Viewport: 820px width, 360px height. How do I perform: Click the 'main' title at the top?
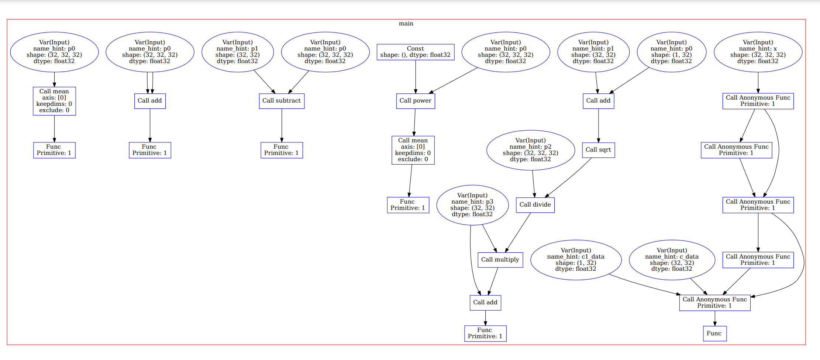coord(406,24)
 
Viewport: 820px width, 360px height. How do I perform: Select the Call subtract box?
coord(282,101)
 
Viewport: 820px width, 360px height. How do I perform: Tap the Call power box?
coord(416,101)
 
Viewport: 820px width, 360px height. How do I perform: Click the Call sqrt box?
coord(598,150)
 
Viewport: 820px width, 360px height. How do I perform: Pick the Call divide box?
coord(535,205)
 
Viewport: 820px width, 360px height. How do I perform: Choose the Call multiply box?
coord(500,260)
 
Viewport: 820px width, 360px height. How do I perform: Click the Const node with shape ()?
coord(416,52)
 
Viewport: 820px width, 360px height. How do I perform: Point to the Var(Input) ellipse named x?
coord(758,52)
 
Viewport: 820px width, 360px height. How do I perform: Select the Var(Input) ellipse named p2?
coord(531,150)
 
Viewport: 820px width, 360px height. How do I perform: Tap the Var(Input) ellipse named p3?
coord(472,205)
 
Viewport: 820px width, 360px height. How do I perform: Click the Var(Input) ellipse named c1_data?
coord(576,260)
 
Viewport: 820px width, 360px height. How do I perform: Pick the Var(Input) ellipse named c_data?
coord(672,260)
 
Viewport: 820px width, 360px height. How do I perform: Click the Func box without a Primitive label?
coord(714,333)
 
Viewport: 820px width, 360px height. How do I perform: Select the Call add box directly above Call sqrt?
coord(598,101)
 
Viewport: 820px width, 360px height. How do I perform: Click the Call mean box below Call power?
coord(413,150)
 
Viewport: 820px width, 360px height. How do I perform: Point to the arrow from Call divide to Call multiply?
coord(518,232)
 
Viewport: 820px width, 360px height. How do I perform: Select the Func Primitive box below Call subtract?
coord(282,150)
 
